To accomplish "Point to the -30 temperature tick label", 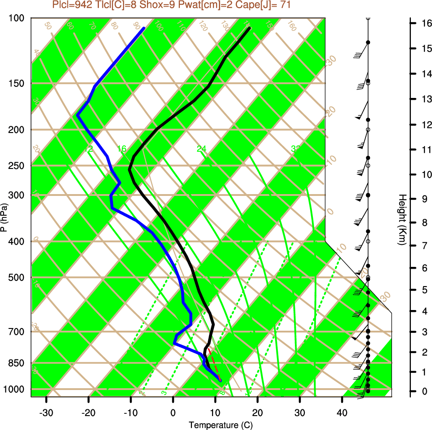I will pos(46,412).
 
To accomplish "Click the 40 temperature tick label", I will pos(342,412).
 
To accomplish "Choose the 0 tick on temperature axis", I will pos(173,412).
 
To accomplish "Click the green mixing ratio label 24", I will pos(201,149).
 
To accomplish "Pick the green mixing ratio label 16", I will pos(121,149).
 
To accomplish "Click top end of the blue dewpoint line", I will pos(144,28).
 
